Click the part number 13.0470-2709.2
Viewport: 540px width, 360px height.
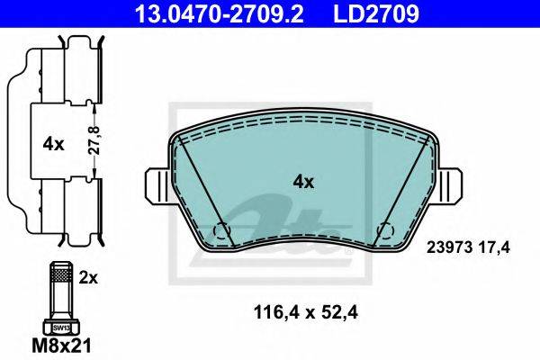pyautogui.click(x=219, y=13)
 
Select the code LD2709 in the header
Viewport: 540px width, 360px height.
pyautogui.click(x=376, y=13)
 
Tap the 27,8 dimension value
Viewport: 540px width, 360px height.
pyautogui.click(x=94, y=139)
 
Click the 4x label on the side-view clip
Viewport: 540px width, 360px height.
pyautogui.click(x=53, y=144)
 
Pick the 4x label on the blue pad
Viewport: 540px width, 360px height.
pyautogui.click(x=303, y=182)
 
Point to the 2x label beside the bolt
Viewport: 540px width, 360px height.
pyautogui.click(x=88, y=277)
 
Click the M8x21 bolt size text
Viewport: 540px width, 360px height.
pyautogui.click(x=61, y=346)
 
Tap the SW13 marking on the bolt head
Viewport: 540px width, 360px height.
pyautogui.click(x=61, y=328)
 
